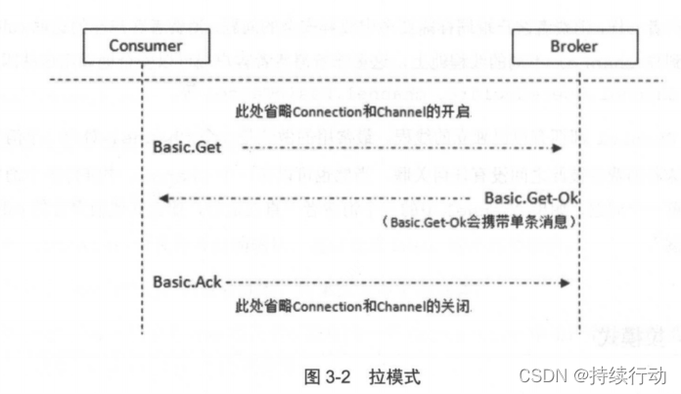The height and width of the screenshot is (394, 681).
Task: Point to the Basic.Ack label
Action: (186, 282)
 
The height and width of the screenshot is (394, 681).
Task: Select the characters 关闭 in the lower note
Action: (458, 307)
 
